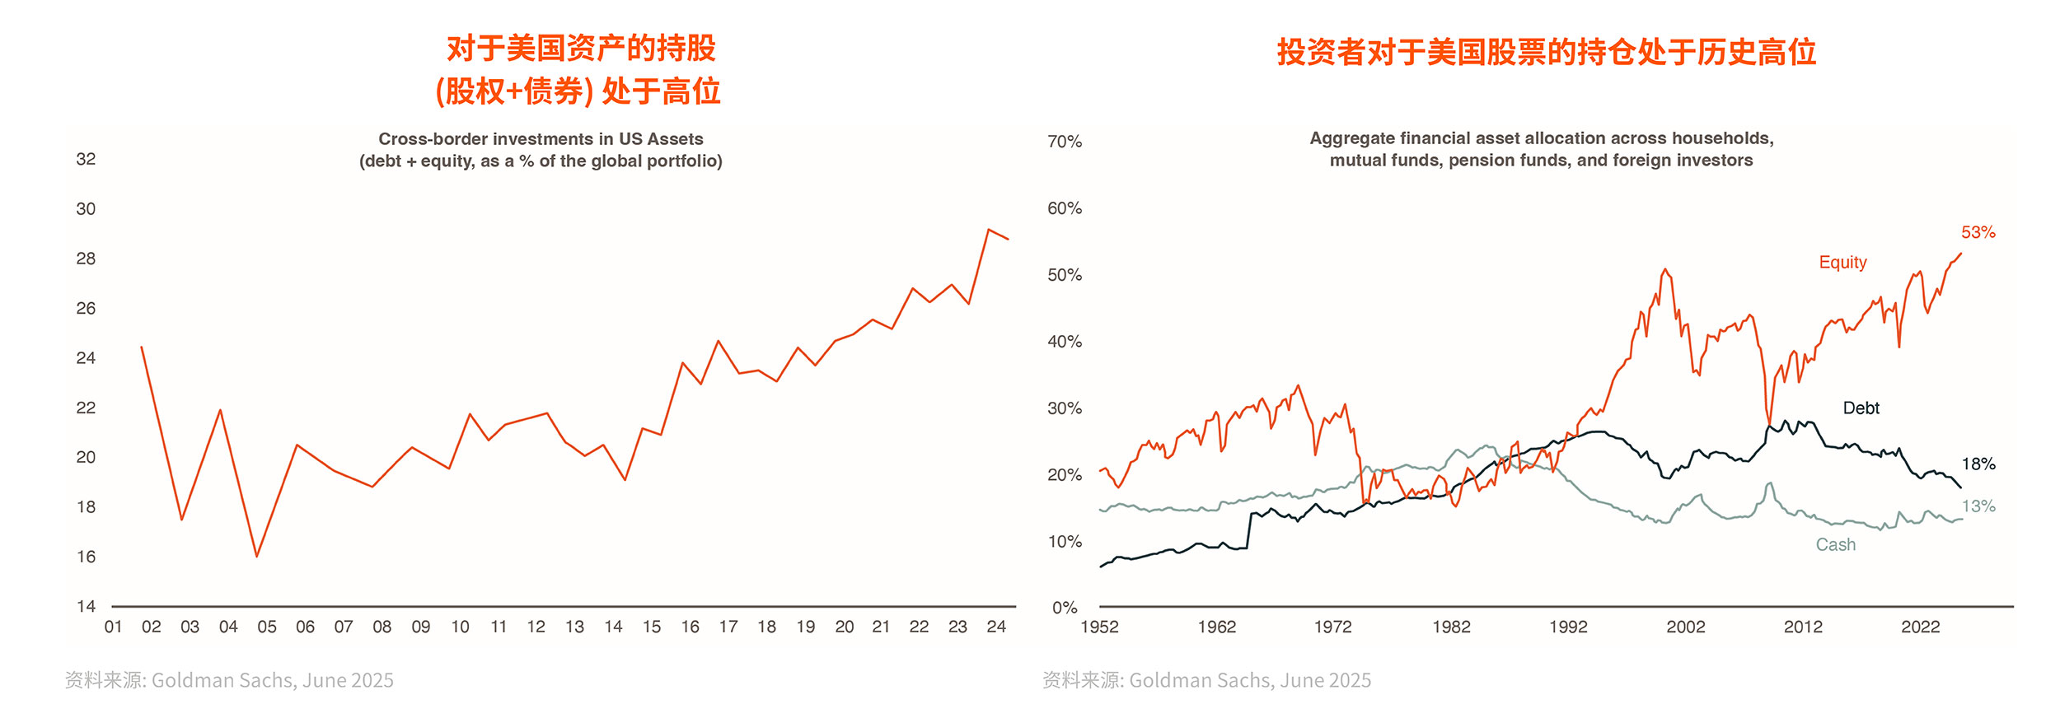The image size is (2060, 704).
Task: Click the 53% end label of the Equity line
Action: tap(1978, 233)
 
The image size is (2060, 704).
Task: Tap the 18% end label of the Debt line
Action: tap(1978, 464)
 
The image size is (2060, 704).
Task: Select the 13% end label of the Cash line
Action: tap(1978, 506)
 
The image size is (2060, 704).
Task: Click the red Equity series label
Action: tap(1842, 263)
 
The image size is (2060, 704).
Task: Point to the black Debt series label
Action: tap(1861, 408)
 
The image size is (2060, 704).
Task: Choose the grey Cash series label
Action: tap(1835, 545)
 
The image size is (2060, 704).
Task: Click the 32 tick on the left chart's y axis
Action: tap(86, 160)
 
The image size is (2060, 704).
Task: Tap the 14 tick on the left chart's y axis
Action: tap(86, 607)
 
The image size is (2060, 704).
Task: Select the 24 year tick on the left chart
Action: tap(995, 627)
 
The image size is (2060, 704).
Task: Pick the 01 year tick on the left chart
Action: tap(113, 627)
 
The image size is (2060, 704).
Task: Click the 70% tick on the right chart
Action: tap(1064, 142)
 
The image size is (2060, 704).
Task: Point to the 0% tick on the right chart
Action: tap(1065, 608)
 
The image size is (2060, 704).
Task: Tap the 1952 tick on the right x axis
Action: tap(1099, 627)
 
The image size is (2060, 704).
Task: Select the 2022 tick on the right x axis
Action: tap(1920, 627)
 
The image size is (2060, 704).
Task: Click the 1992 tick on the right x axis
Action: tap(1567, 627)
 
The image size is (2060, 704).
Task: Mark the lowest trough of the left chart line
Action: tap(256, 557)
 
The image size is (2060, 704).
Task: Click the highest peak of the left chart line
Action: tap(988, 230)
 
